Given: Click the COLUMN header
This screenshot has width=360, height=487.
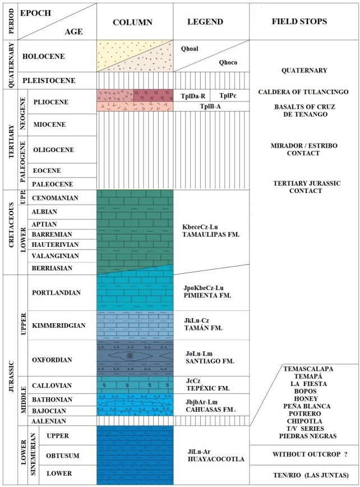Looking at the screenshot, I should tap(135, 22).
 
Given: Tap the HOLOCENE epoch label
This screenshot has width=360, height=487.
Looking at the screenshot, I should tap(43, 56).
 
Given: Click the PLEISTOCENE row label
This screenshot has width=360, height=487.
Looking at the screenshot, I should tap(48, 80).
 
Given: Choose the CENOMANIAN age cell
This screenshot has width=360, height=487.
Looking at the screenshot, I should tap(55, 197).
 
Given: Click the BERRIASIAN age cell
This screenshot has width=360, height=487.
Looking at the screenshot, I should tap(52, 268).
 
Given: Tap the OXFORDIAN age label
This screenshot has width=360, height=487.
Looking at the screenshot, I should tap(54, 357).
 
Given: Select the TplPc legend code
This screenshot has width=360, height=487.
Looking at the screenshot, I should tap(228, 95).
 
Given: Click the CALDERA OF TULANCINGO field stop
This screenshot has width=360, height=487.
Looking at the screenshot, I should tap(303, 91).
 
